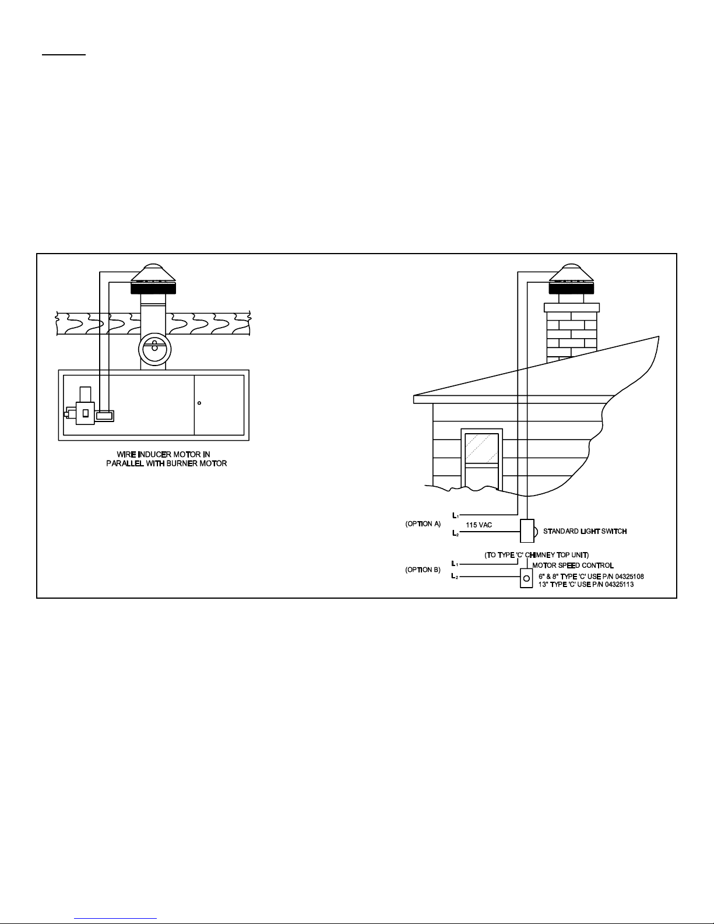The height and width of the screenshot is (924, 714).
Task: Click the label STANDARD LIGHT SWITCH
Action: pyautogui.click(x=585, y=531)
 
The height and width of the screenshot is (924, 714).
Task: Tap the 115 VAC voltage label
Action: pyautogui.click(x=479, y=525)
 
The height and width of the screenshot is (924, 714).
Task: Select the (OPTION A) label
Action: pyautogui.click(x=423, y=524)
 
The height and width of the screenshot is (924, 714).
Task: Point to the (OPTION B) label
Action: pyautogui.click(x=423, y=570)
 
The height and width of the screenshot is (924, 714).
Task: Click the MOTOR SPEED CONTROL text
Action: pyautogui.click(x=573, y=565)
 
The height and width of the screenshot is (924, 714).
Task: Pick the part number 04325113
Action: pyautogui.click(x=619, y=585)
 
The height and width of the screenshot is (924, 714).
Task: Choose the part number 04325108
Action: pyautogui.click(x=629, y=577)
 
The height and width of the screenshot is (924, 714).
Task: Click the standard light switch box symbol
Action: pyautogui.click(x=527, y=530)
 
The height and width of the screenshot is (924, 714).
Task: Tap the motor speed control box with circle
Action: pyautogui.click(x=526, y=579)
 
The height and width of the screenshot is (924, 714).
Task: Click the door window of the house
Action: pyautogui.click(x=481, y=449)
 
